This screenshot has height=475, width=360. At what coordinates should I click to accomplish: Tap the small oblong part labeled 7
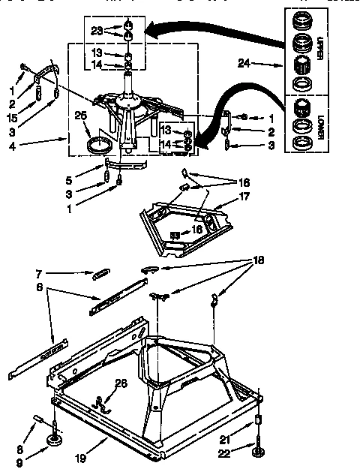[100, 276]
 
